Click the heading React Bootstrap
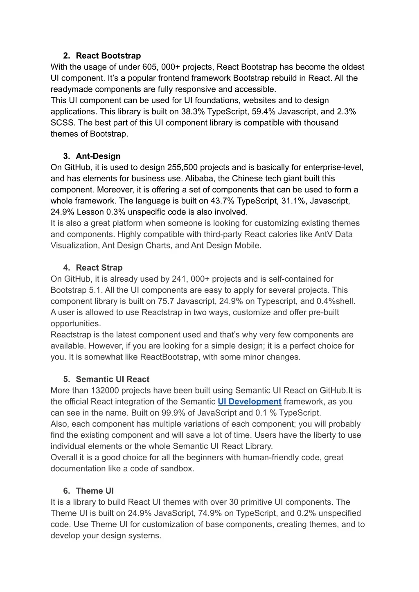pos(108,56)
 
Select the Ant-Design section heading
pos(98,156)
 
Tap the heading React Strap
pos(99,268)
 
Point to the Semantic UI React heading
pos(113,379)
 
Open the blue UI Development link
pos(249,402)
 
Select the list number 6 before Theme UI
pos(66,491)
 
